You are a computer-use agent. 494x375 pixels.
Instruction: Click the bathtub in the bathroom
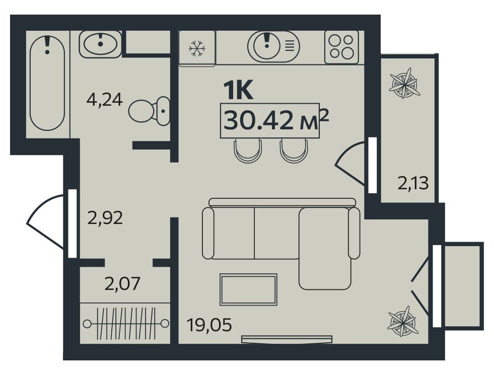point(47,83)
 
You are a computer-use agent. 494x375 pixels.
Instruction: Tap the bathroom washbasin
point(100,44)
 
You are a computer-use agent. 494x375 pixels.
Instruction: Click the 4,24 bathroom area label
point(104,100)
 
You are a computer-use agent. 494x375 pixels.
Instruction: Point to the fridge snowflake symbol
point(197,48)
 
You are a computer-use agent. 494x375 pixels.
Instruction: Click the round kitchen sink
point(267,46)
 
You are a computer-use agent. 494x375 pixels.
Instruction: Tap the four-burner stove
point(341,47)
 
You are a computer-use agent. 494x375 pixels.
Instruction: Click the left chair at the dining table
point(248,151)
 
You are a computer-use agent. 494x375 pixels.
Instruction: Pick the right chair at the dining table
point(294,151)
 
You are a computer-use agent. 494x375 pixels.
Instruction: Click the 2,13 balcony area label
point(413,183)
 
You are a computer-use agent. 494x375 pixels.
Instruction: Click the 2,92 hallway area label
point(105,218)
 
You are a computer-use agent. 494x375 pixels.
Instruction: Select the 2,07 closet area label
point(122,283)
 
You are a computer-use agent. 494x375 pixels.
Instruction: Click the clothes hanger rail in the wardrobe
point(126,323)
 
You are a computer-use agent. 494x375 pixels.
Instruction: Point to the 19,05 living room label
point(209,325)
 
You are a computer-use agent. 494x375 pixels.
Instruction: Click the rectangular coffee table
point(249,289)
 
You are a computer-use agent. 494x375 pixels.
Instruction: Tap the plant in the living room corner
point(403,322)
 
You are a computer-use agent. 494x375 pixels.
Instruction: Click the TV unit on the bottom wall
point(287,339)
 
